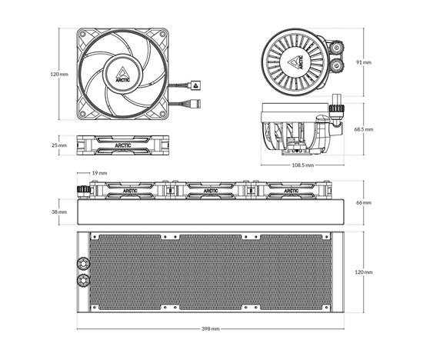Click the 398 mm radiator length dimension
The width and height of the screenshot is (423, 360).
tap(211, 328)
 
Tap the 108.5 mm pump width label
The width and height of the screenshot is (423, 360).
tap(303, 165)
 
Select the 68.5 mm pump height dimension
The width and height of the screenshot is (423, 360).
tap(364, 129)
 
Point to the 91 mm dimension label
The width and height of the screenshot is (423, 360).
tap(364, 62)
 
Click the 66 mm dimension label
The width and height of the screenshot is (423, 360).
tap(364, 202)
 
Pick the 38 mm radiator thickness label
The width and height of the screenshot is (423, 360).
tap(59, 212)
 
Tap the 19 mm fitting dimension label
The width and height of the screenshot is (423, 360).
tap(99, 173)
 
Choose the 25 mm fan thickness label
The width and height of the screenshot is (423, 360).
tap(59, 145)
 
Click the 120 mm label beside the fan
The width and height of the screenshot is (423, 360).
tap(59, 74)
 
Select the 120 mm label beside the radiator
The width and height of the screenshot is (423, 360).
tap(364, 272)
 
